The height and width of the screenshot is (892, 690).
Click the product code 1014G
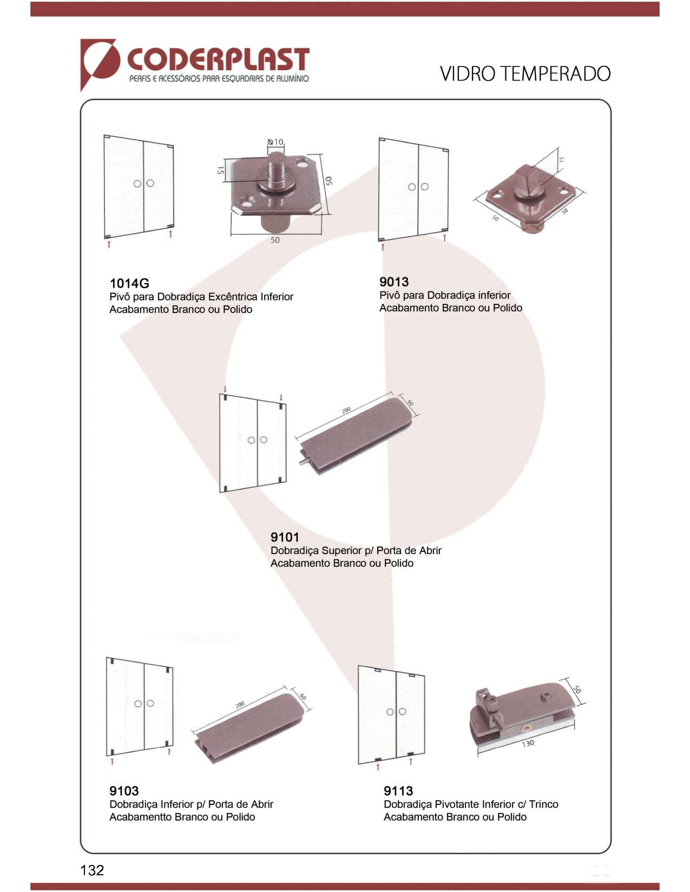click(x=129, y=283)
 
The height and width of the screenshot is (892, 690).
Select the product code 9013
click(x=393, y=282)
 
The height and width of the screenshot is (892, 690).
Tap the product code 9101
click(x=285, y=537)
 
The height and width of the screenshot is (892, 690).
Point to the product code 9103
click(x=124, y=790)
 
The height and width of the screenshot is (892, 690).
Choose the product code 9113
click(x=398, y=790)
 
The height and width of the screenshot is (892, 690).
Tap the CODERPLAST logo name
click(x=218, y=59)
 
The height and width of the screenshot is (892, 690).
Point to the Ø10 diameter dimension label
click(x=275, y=142)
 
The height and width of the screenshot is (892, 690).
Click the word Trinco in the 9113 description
click(x=543, y=804)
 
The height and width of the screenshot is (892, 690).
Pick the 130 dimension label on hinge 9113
click(x=528, y=743)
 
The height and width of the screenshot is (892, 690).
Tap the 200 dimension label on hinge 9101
click(x=346, y=410)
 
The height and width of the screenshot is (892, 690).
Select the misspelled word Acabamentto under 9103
click(x=140, y=817)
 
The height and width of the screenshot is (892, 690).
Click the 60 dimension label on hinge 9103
click(x=303, y=697)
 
